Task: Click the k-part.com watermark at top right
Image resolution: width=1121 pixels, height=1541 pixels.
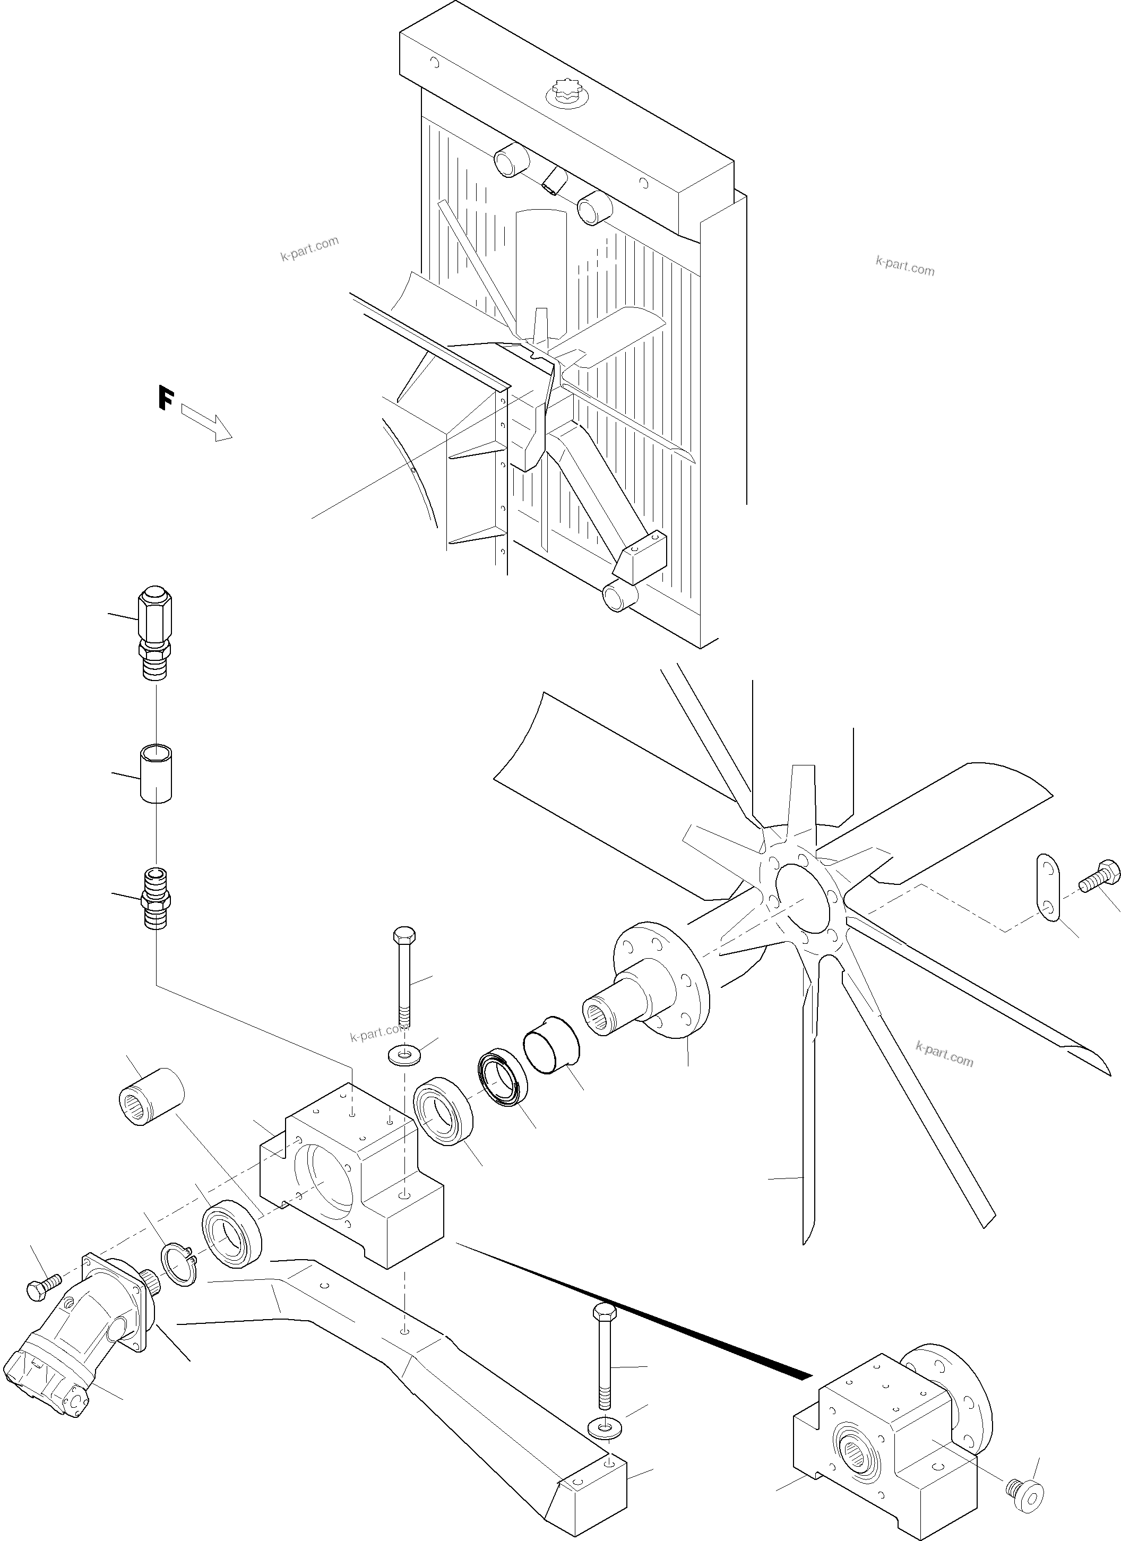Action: (905, 265)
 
